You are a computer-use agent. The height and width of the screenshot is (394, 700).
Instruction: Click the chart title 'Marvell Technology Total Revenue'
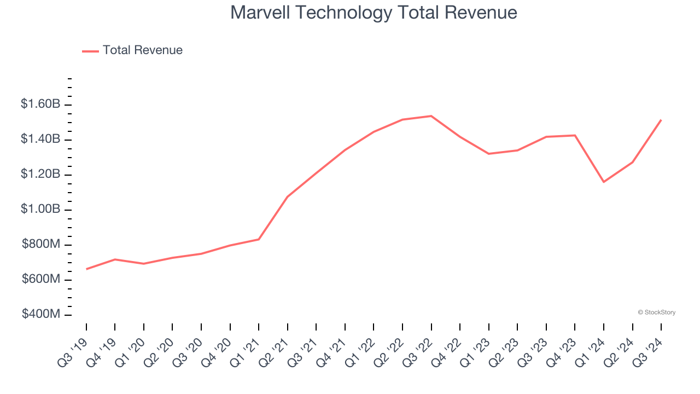[374, 12]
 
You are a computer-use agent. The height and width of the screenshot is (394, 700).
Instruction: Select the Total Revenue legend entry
[133, 50]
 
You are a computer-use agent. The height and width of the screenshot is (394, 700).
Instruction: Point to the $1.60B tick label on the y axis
[40, 104]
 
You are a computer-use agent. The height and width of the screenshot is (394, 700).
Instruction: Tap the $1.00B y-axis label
[40, 210]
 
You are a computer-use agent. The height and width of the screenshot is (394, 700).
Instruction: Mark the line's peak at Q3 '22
[431, 116]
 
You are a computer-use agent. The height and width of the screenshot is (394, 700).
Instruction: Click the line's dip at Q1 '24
[604, 182]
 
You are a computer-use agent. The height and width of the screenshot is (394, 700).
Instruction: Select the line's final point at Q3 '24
[661, 120]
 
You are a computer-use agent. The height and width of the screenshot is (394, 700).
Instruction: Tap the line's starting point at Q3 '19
[86, 269]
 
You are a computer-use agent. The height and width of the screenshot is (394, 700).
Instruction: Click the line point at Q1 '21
[259, 239]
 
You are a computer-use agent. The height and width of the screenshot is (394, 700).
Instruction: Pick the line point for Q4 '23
[575, 135]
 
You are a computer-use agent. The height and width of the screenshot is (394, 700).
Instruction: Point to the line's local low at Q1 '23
[488, 154]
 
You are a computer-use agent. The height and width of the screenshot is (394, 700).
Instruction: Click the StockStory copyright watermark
[656, 312]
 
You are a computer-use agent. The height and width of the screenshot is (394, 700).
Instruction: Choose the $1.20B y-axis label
[40, 175]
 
